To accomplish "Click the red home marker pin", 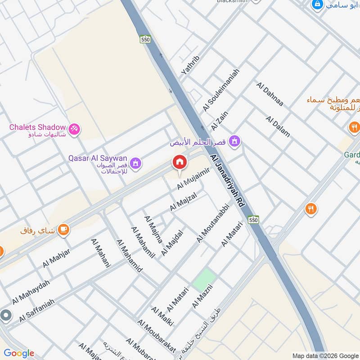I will (x=179, y=162).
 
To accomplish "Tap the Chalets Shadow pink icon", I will (x=75, y=128).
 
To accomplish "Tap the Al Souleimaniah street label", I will (x=221, y=90).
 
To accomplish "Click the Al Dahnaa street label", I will (x=270, y=94).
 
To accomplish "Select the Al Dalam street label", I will (x=278, y=126).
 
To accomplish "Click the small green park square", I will (x=204, y=279).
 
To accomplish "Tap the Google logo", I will (x=18, y=353).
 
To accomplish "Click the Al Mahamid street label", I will (x=129, y=256).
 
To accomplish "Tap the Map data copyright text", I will (x=325, y=355).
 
